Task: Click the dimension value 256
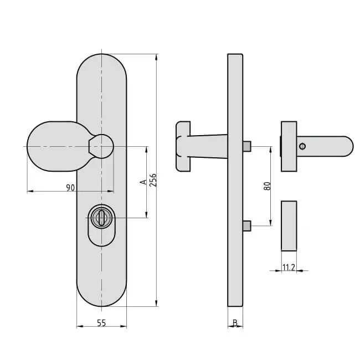point(153,180)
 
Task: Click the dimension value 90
point(70,188)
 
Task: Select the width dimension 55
point(101,323)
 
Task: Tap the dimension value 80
point(268,186)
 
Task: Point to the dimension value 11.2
point(289,268)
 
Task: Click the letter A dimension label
point(143,182)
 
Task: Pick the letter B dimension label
point(235,323)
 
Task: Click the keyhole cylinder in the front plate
point(101,218)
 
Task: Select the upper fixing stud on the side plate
point(247,146)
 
